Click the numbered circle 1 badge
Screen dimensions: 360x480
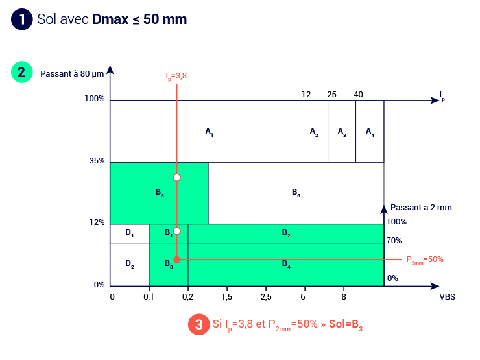point(21,19)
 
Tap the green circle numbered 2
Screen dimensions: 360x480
point(21,72)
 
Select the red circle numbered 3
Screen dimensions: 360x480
point(198,324)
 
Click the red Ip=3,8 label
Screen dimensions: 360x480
point(176,77)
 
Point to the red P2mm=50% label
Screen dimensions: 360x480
point(424,259)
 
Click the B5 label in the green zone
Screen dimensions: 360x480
point(159,193)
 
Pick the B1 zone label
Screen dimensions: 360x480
point(168,233)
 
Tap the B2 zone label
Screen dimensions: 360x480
point(285,233)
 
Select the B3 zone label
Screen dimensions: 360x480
point(168,263)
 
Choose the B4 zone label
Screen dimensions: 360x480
point(285,263)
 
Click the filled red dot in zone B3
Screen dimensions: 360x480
point(176,259)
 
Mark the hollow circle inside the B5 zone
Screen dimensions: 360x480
point(176,177)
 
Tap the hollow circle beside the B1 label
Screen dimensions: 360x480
point(176,230)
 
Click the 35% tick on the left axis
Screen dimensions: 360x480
point(97,162)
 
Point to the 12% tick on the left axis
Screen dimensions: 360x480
point(97,222)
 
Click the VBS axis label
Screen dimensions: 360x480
point(448,296)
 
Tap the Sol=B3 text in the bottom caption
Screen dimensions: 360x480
point(346,324)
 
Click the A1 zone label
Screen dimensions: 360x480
point(209,132)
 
